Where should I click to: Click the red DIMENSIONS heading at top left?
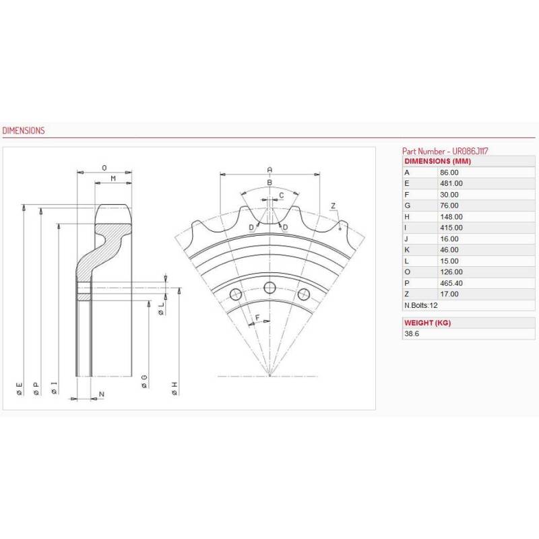(24, 131)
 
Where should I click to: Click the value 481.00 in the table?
(451, 183)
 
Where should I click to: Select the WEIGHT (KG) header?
(427, 323)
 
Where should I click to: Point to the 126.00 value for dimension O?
(451, 272)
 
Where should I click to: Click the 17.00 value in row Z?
(449, 294)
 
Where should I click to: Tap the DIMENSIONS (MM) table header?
(436, 162)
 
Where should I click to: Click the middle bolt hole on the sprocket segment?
(269, 288)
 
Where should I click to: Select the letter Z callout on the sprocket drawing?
(333, 205)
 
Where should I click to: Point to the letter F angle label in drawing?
(257, 316)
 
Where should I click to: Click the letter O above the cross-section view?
(104, 167)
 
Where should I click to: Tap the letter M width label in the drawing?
(113, 178)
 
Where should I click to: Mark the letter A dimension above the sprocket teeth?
(269, 169)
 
